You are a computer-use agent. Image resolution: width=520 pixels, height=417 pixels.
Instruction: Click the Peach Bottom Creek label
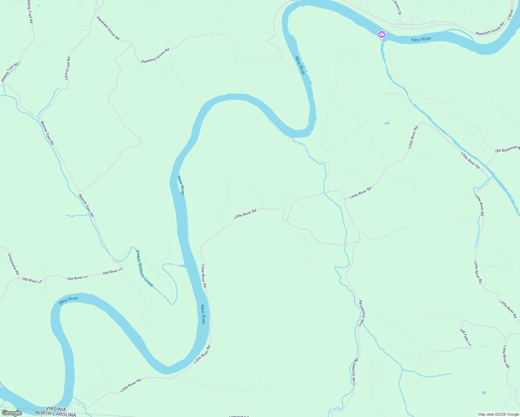(x=144, y=269)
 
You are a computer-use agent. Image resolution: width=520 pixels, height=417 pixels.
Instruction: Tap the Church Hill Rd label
(x=68, y=68)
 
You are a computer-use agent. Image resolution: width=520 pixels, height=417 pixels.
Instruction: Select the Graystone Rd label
(x=14, y=264)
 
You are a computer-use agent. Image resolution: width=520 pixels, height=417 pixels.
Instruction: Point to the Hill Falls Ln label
(x=466, y=337)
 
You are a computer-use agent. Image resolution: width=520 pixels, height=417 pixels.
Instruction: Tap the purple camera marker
(x=382, y=34)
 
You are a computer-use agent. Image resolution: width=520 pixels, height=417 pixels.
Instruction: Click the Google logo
(x=11, y=413)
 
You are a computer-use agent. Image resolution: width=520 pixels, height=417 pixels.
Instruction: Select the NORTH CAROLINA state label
(x=56, y=414)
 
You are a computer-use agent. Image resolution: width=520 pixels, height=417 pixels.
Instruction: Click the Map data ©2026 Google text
(x=498, y=414)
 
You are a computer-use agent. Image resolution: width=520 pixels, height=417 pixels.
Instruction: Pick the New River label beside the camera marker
(x=421, y=39)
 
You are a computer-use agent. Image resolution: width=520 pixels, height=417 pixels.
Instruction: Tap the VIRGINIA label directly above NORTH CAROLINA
(x=56, y=409)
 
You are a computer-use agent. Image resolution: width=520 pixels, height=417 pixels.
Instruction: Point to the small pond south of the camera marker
(x=387, y=123)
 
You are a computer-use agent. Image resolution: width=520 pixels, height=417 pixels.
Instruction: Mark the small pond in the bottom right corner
(x=484, y=393)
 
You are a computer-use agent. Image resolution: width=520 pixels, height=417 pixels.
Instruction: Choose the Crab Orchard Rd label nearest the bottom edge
(x=355, y=371)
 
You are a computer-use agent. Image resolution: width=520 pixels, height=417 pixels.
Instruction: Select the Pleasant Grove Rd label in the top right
(x=490, y=29)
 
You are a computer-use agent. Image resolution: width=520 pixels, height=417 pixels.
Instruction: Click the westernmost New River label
(x=68, y=300)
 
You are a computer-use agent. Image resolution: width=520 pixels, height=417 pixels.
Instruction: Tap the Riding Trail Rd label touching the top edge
(x=30, y=11)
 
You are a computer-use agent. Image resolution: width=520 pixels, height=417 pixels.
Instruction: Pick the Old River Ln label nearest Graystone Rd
(x=32, y=280)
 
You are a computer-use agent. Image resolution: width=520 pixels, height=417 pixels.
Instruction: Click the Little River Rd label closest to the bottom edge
(x=131, y=386)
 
